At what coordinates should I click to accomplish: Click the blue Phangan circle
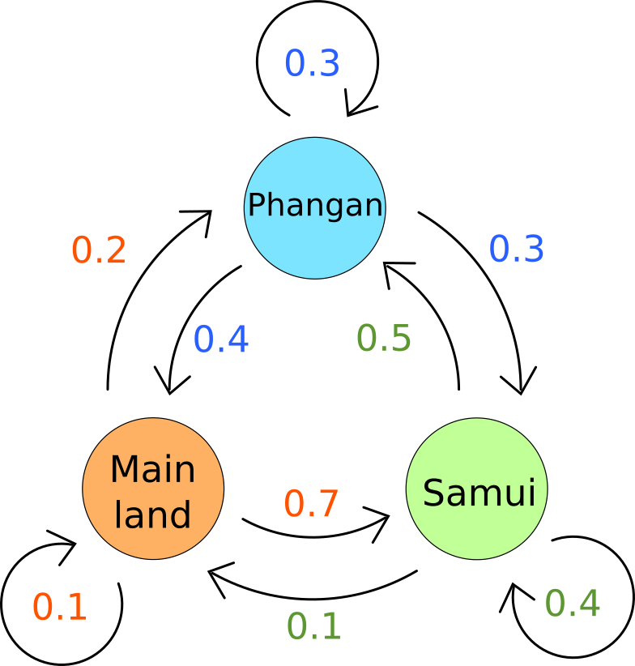pos(314,208)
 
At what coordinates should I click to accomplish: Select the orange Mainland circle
pos(153,489)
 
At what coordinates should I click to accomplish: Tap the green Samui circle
pos(477,489)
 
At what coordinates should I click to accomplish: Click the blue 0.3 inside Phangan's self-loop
pos(312,63)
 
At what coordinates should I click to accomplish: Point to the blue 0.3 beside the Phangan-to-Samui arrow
pos(517,248)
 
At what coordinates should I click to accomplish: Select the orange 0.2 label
pos(99,250)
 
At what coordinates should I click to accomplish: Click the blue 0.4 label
pos(221,339)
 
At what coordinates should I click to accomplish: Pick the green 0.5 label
pos(384,338)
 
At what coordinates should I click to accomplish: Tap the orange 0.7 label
pos(311,503)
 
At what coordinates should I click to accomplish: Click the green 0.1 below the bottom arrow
pos(314,626)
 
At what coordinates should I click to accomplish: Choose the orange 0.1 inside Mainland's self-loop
pos(60,607)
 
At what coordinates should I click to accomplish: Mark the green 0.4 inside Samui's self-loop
pos(573,603)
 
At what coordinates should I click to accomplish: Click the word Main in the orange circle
pos(153,469)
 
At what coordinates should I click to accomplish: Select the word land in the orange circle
pos(152,514)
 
